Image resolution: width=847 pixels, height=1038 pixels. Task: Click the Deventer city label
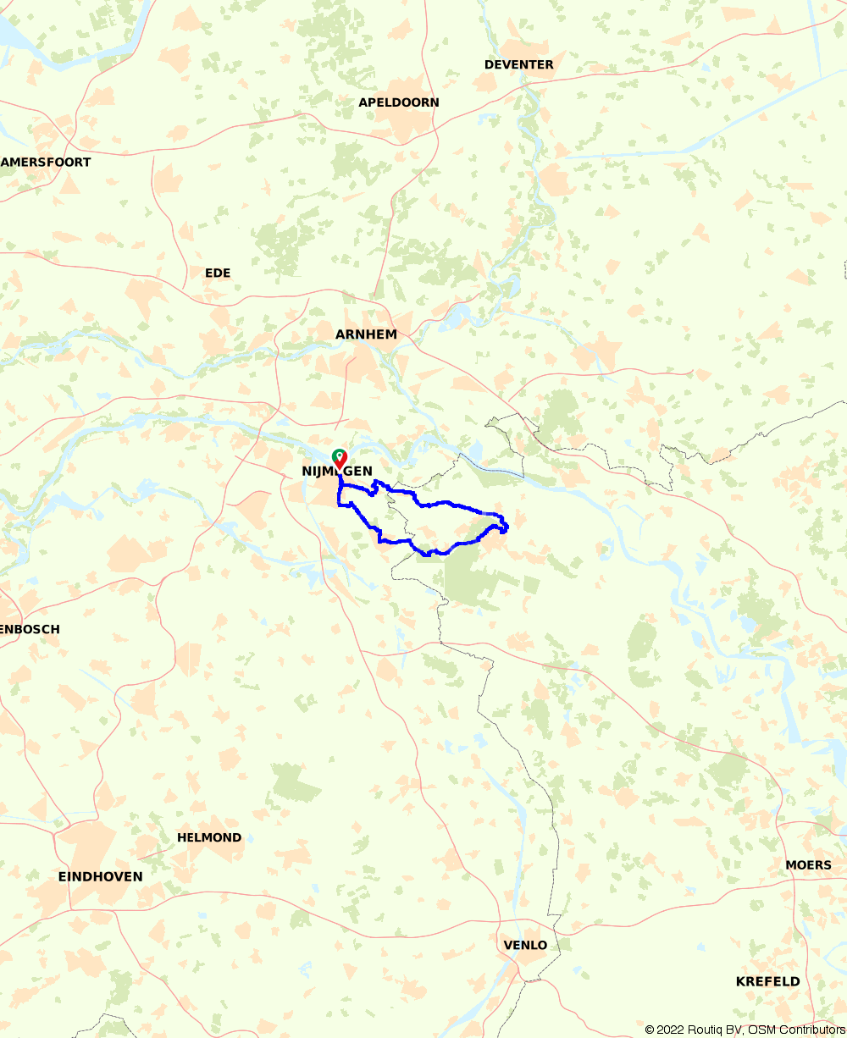point(518,64)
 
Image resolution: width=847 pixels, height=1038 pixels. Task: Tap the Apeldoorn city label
point(399,102)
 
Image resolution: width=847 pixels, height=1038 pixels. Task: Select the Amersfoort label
point(47,162)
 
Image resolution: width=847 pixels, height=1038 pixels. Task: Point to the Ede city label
point(218,273)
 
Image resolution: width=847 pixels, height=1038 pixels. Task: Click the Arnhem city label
point(366,334)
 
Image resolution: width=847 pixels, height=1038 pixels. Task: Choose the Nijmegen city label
point(336,472)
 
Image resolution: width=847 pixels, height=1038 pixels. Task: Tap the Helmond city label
point(209,837)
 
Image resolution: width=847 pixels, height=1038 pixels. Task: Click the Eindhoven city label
point(100,876)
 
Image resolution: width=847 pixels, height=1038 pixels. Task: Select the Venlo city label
point(525,945)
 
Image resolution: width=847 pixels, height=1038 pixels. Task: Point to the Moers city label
point(808,864)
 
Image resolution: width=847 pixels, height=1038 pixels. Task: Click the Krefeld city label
point(767,981)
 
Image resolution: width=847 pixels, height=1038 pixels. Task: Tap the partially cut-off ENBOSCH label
point(30,630)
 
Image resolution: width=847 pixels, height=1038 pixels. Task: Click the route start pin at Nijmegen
point(339,458)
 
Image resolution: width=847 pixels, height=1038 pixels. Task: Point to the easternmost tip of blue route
point(507,527)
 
